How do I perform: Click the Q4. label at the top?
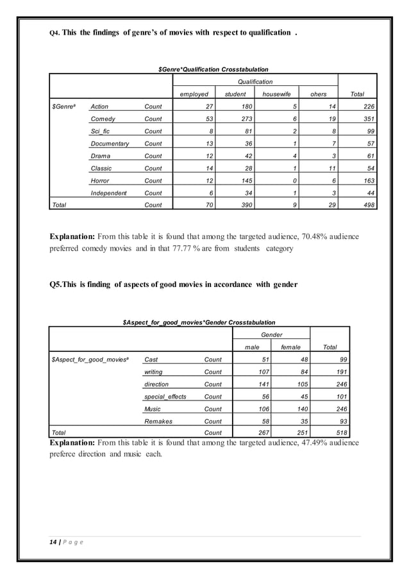point(54,33)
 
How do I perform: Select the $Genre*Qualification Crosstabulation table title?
point(213,69)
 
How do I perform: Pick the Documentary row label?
point(110,144)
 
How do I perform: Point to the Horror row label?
point(100,181)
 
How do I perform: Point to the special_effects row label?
point(165,397)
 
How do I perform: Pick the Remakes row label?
point(159,421)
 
